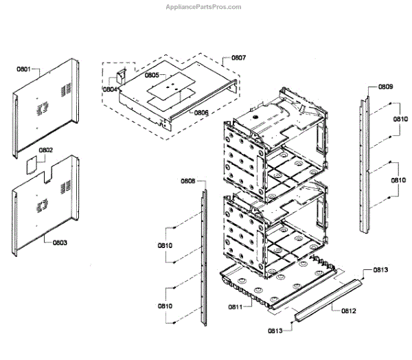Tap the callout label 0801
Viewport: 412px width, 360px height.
23,69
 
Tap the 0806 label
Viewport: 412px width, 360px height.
201,112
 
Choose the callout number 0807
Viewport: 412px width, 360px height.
238,58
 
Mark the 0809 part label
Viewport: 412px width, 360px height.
385,87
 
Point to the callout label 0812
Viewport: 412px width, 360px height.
348,311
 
